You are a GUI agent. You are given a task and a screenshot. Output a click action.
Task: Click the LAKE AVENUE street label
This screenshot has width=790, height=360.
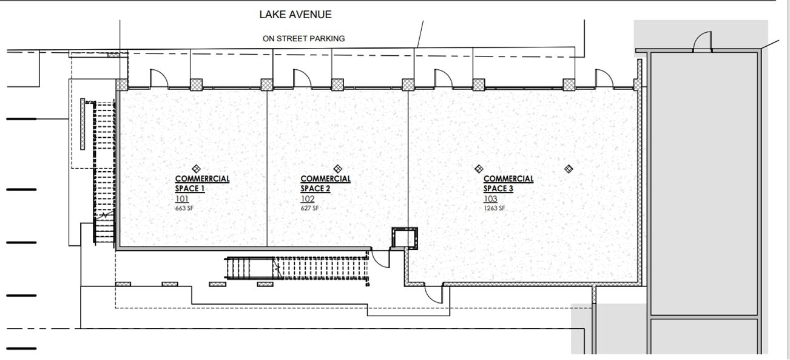tap(295, 14)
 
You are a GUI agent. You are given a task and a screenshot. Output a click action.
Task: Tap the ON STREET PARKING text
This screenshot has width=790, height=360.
tap(303, 38)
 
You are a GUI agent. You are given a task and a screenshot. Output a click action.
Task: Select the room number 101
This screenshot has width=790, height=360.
tap(182, 199)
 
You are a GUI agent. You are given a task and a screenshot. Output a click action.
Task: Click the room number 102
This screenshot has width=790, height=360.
tap(308, 199)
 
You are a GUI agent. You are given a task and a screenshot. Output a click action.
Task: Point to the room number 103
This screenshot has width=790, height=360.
tap(490, 199)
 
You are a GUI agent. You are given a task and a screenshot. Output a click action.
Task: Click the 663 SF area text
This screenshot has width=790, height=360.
tap(184, 208)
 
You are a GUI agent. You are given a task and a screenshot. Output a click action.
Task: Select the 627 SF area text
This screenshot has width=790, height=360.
tap(309, 208)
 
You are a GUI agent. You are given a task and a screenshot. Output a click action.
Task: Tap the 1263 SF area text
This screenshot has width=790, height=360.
tap(495, 208)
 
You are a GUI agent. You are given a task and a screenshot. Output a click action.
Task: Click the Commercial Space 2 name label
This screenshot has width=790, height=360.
tap(325, 183)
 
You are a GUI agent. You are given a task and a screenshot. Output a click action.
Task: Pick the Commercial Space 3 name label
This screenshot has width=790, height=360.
tap(508, 183)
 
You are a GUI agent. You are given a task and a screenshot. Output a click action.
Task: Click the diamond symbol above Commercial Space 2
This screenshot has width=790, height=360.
tap(338, 168)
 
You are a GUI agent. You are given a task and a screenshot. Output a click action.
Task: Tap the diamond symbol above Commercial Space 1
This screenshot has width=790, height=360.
tap(196, 168)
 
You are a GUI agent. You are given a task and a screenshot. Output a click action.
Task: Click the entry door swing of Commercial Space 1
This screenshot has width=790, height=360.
tap(158, 78)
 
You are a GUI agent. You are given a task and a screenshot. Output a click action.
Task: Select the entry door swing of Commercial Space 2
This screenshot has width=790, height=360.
tap(302, 78)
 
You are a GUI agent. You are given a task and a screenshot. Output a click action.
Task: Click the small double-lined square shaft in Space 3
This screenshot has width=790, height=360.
tap(405, 238)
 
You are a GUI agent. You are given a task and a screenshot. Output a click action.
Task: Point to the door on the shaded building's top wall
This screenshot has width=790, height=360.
tap(703, 42)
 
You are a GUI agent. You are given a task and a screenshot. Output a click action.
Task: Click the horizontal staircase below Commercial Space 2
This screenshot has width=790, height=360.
tap(297, 267)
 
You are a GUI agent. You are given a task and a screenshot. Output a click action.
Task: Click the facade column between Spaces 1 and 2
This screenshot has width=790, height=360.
tap(267, 84)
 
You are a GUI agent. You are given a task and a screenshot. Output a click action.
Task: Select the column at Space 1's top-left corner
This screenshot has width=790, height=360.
tap(122, 84)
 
